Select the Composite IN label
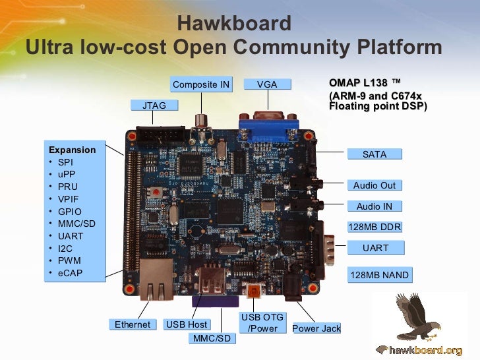pyautogui.click(x=201, y=84)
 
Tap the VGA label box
pyautogui.click(x=267, y=84)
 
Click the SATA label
pyautogui.click(x=375, y=154)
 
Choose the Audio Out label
pyautogui.click(x=375, y=185)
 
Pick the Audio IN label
pyautogui.click(x=375, y=206)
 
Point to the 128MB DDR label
pyautogui.click(x=375, y=227)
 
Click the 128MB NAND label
pyautogui.click(x=379, y=275)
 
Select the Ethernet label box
pyautogui.click(x=133, y=324)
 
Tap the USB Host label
pyautogui.click(x=187, y=324)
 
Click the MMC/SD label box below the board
pyautogui.click(x=212, y=338)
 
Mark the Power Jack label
pyautogui.click(x=316, y=328)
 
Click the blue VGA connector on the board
pyautogui.click(x=267, y=127)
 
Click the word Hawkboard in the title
pyautogui.click(x=234, y=24)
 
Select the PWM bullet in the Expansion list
pyautogui.click(x=69, y=260)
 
